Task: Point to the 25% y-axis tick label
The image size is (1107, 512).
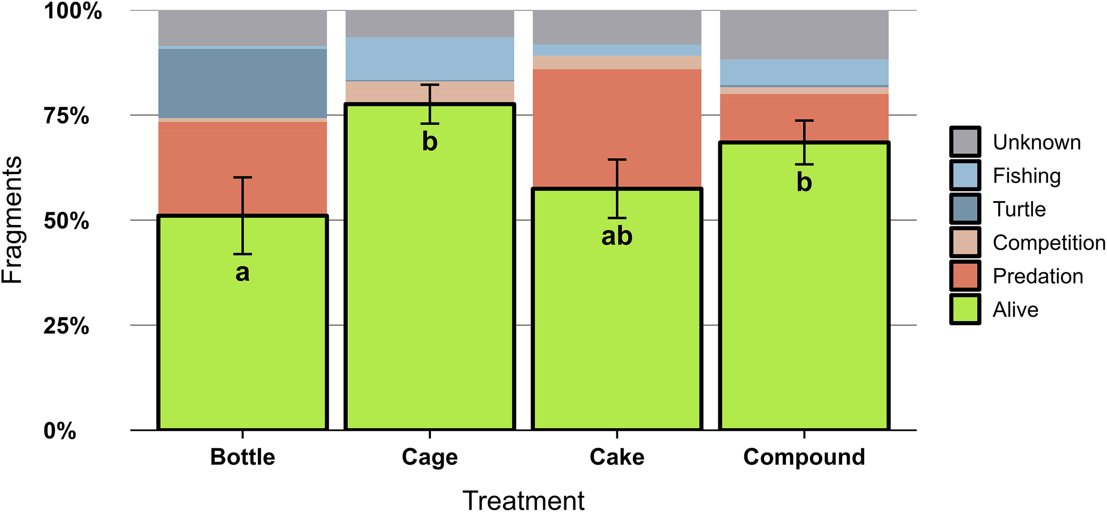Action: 66,326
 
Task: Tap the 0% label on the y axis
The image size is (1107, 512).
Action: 60,431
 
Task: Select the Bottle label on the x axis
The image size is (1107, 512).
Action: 242,457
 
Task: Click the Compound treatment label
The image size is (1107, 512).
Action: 804,457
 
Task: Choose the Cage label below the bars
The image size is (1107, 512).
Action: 430,457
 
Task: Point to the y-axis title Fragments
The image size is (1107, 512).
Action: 12,220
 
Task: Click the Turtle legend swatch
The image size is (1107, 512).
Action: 965,209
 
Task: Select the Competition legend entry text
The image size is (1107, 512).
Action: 1049,243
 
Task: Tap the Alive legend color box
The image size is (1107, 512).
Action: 965,310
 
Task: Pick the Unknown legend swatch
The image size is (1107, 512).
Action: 965,142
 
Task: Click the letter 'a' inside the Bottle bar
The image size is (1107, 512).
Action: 242,273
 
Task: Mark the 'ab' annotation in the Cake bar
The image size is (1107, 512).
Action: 616,236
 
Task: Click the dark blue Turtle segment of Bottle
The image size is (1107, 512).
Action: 242,83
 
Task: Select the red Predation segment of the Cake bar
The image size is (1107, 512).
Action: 616,128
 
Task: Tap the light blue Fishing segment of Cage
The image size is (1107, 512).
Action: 430,58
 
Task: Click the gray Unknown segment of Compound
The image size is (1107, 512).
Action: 804,35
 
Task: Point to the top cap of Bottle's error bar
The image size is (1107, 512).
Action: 242,178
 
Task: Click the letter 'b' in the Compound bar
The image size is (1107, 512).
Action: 804,182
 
